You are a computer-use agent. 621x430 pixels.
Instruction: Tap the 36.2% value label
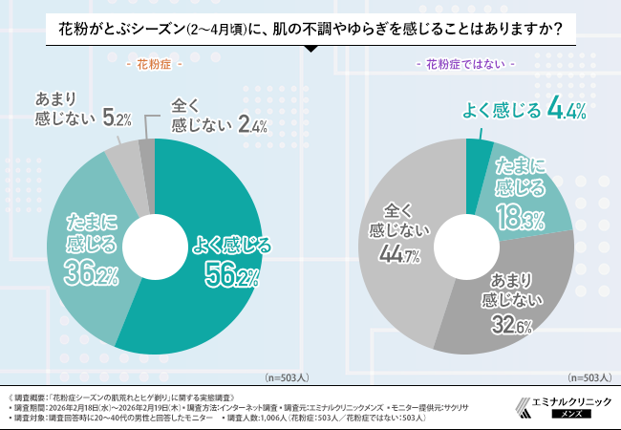tap(91, 275)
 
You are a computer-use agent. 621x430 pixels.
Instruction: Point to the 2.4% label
tap(251, 125)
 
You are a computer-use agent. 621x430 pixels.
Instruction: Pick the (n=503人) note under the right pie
tap(591, 377)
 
